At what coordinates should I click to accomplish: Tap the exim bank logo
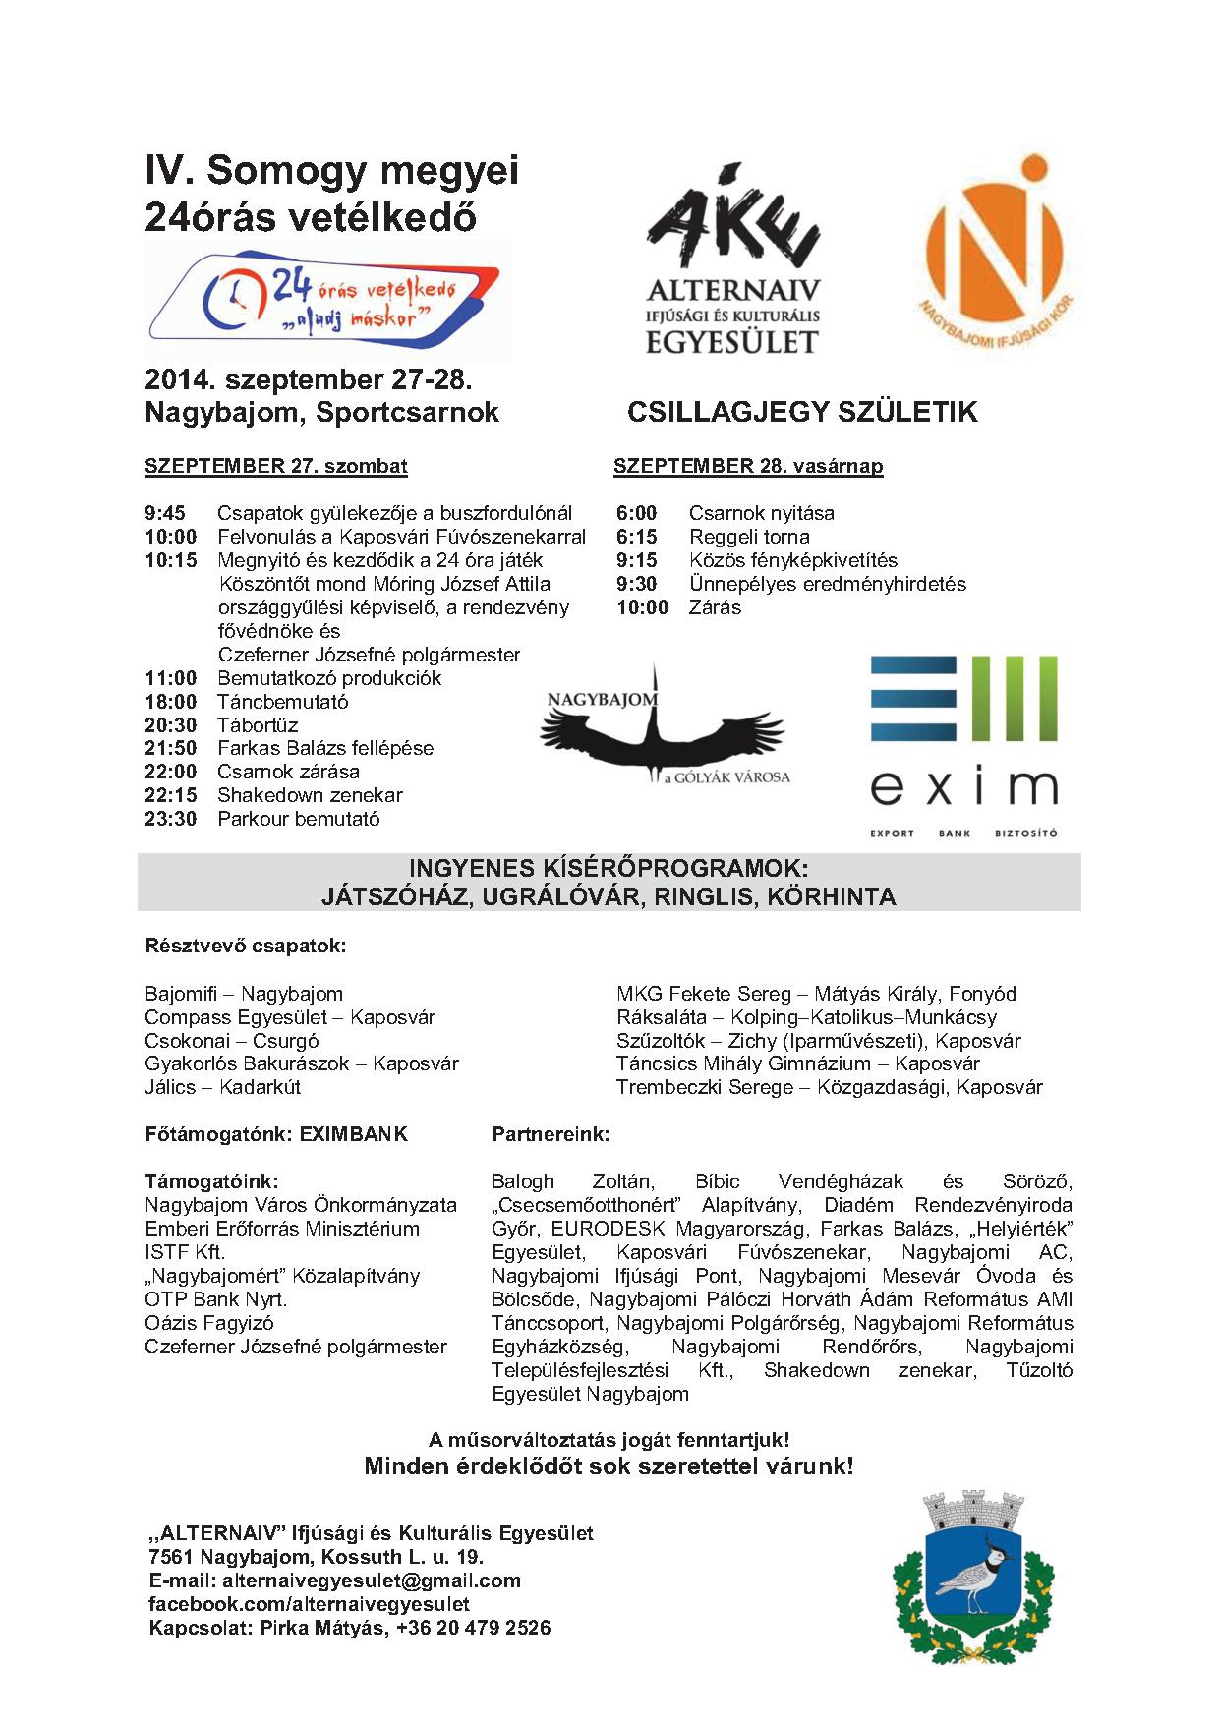click(963, 745)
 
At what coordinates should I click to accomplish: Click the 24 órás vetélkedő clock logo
click(325, 300)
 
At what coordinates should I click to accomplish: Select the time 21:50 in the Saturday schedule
click(171, 748)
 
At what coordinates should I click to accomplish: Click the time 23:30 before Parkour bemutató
click(171, 819)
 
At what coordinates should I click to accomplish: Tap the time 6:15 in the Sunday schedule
click(637, 537)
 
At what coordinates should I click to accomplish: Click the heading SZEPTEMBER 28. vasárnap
click(748, 466)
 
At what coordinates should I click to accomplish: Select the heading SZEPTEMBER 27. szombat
click(276, 466)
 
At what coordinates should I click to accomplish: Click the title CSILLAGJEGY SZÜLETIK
click(802, 412)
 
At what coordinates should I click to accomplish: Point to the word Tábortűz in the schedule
click(258, 724)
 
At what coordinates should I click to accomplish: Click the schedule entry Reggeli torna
click(749, 537)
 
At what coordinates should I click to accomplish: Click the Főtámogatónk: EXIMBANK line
click(276, 1134)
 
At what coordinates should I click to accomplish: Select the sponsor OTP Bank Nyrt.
click(216, 1299)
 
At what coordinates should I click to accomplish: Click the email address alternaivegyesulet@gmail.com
click(372, 1580)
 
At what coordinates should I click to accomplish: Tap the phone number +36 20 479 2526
click(474, 1628)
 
